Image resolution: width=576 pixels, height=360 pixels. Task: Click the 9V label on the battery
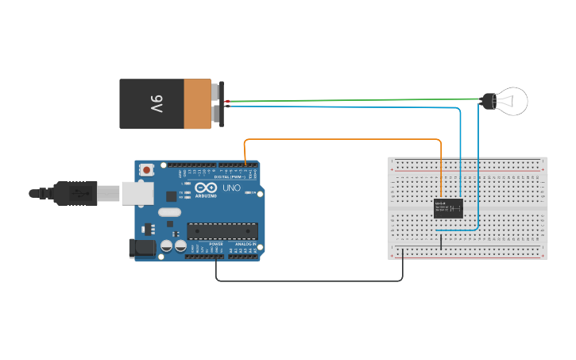point(155,104)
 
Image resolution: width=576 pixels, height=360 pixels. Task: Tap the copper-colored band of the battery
point(197,103)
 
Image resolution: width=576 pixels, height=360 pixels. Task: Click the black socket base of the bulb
point(488,100)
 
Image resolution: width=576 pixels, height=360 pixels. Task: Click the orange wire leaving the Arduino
point(342,139)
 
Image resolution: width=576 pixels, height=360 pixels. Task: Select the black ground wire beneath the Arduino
point(310,281)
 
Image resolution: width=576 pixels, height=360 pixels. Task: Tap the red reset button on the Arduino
point(148,169)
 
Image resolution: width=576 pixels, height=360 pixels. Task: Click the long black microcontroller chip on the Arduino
point(222,230)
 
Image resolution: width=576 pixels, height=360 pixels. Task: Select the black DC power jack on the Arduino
point(142,248)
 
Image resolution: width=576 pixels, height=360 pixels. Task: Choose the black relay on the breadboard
point(448,208)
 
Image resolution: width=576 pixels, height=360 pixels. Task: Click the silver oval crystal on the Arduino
point(169,212)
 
